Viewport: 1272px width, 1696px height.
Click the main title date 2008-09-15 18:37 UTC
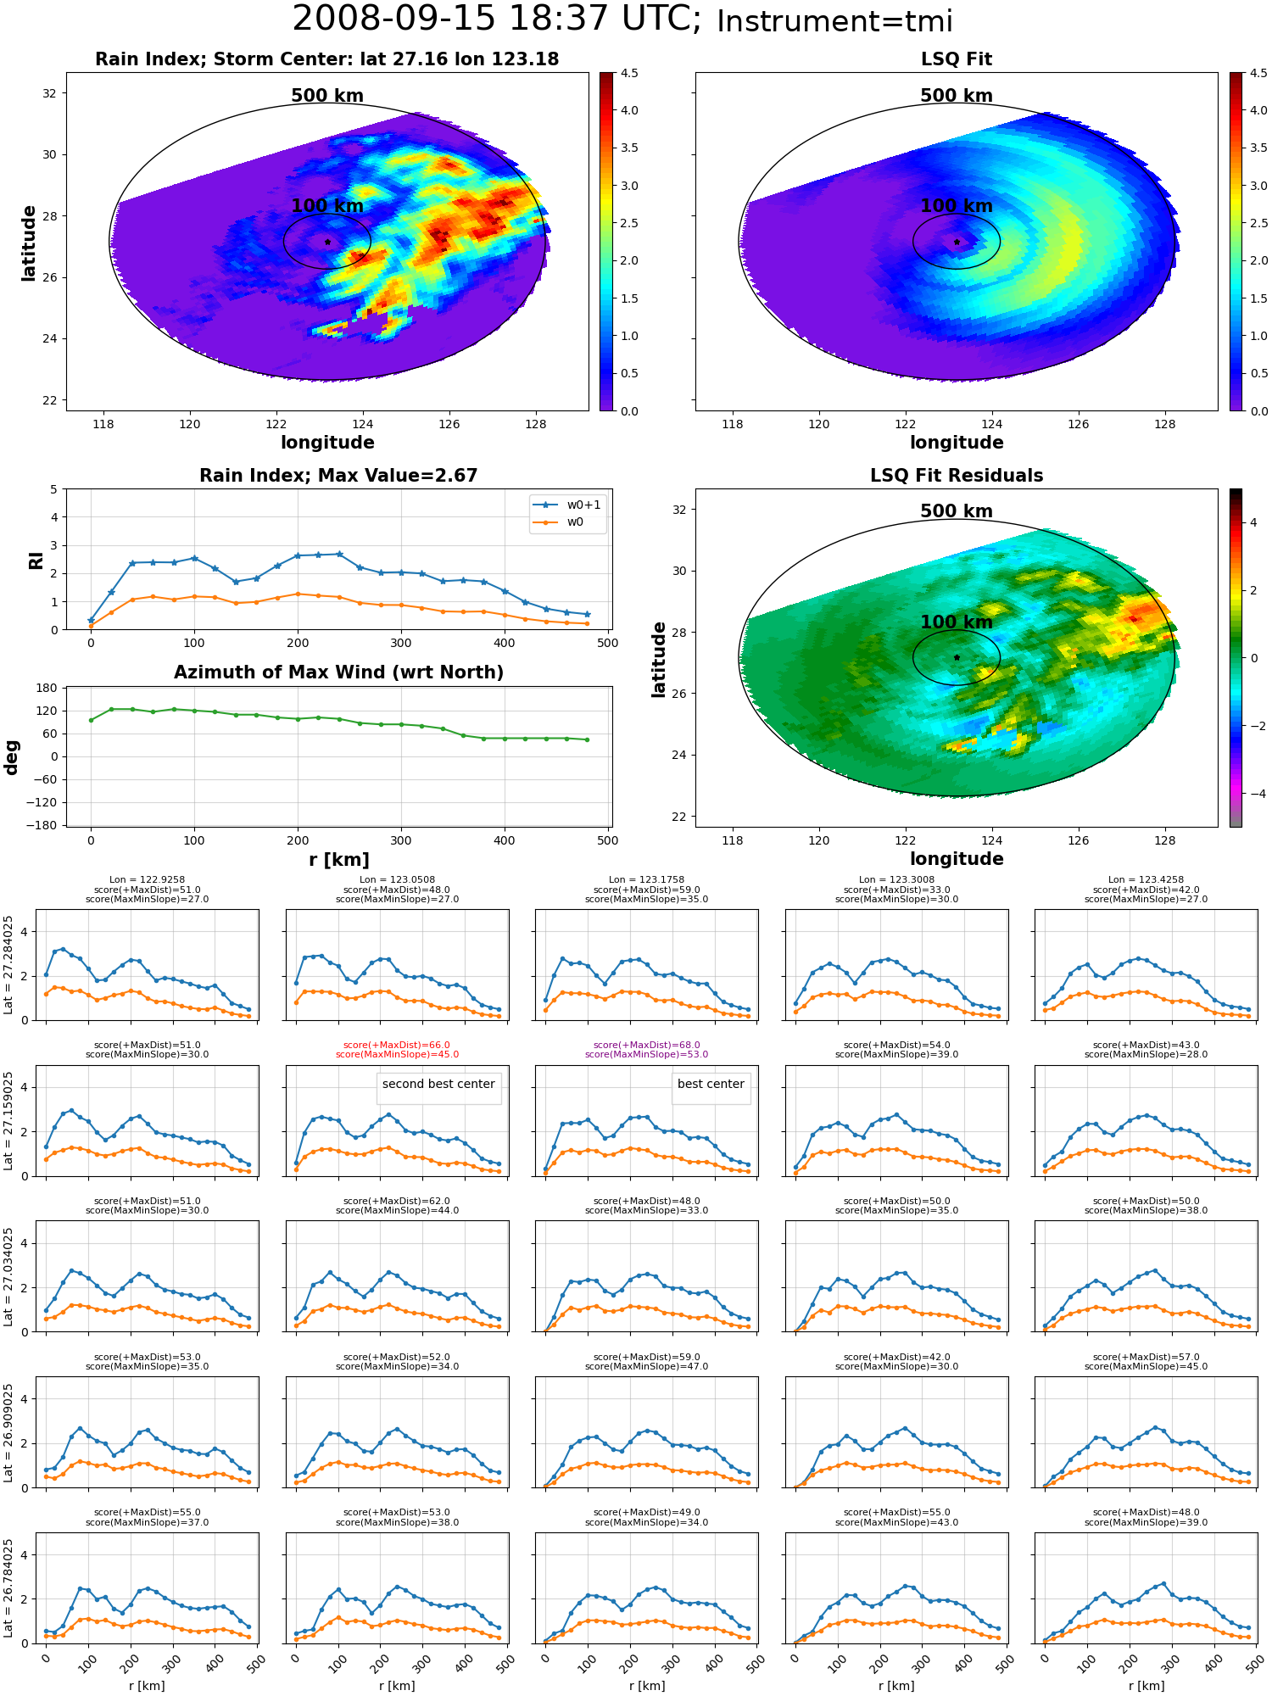[497, 20]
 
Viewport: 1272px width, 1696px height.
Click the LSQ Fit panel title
[956, 59]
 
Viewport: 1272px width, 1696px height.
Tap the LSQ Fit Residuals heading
[956, 476]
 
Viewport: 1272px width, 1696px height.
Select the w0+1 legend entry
[567, 505]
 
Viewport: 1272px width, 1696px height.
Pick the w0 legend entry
[559, 522]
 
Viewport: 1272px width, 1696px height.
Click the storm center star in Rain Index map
[327, 242]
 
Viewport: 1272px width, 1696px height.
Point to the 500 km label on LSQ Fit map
[956, 96]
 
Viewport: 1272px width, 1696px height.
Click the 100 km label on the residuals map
[956, 622]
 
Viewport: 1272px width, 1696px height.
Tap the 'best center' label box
[711, 1085]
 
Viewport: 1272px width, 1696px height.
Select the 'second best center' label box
[438, 1085]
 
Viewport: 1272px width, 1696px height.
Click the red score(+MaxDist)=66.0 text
[397, 1046]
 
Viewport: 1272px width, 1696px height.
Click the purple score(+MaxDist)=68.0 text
[646, 1046]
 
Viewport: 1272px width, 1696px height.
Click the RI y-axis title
[36, 560]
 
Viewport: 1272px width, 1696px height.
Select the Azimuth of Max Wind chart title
[338, 672]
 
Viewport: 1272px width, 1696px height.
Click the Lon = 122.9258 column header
[147, 880]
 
